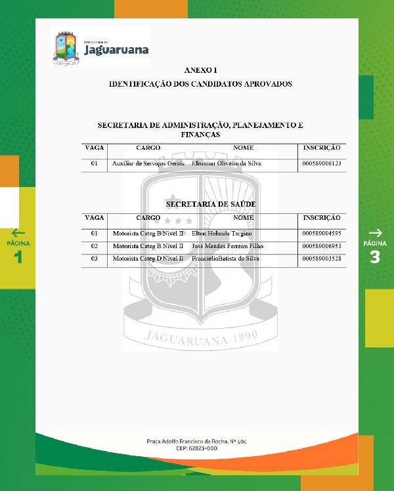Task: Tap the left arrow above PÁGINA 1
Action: tap(18, 232)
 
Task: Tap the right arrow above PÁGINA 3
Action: tap(375, 232)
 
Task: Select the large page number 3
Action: tap(375, 257)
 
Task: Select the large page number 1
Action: tap(18, 257)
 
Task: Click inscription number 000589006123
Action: tap(322, 163)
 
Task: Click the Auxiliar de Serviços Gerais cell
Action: tap(148, 163)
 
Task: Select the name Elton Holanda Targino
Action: tap(221, 234)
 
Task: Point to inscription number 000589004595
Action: tap(322, 234)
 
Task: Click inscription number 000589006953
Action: tap(322, 246)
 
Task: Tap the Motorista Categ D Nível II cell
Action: tap(148, 259)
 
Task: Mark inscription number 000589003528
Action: tap(322, 259)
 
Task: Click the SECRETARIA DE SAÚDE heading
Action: tap(211, 204)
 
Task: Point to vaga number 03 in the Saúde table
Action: tap(95, 259)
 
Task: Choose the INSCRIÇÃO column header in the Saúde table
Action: tap(322, 217)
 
